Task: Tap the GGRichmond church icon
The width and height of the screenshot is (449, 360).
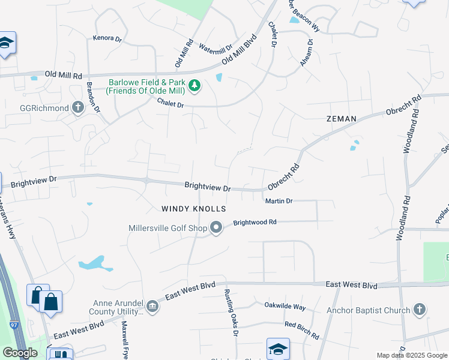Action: [77, 107]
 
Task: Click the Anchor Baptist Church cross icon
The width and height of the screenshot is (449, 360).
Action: [420, 310]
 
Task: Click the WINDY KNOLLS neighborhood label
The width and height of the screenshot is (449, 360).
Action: [193, 209]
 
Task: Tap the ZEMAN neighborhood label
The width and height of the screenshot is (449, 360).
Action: [341, 119]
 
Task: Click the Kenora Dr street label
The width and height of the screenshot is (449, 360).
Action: [107, 38]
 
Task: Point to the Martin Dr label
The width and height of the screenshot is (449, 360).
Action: [279, 201]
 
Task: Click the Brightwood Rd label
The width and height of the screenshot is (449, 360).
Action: [255, 222]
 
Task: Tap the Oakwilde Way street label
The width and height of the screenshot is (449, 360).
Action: [285, 306]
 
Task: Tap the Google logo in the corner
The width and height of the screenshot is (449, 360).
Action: [20, 353]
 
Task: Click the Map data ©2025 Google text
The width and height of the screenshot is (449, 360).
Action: [412, 355]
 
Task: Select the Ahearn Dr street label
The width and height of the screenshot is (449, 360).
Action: [306, 53]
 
